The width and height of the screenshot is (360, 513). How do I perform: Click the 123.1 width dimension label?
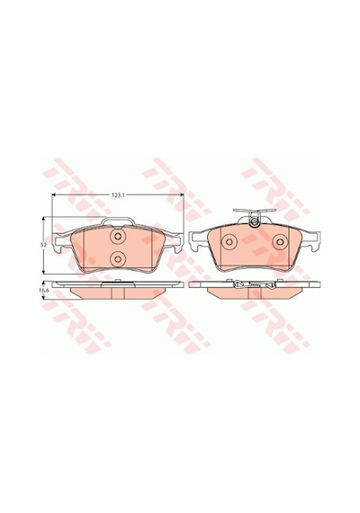pos(117,195)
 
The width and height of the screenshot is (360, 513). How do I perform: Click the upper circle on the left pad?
pos(118,236)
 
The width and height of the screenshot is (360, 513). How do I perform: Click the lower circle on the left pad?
pos(118,259)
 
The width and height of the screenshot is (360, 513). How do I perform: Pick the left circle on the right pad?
pos(229,242)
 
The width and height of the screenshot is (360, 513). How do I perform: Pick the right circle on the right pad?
pos(280,242)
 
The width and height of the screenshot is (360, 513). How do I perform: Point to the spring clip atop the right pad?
pos(254,217)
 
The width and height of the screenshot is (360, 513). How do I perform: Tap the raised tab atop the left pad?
pos(117,221)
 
